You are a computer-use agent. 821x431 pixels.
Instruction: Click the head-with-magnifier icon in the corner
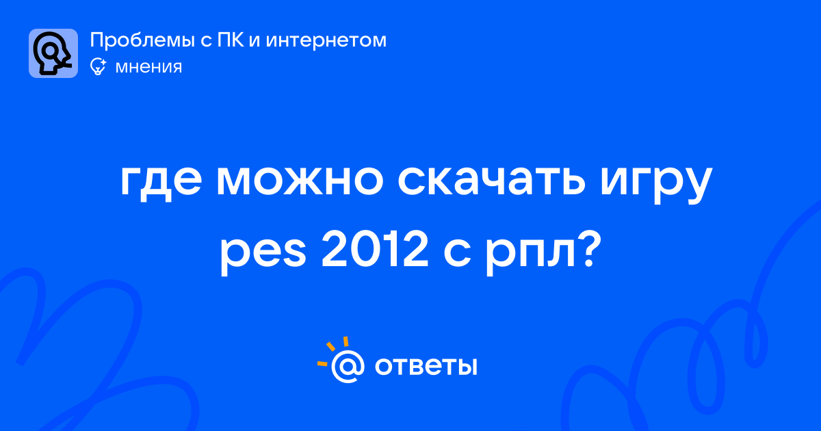(x=53, y=53)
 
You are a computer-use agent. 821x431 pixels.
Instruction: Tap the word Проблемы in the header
(x=142, y=40)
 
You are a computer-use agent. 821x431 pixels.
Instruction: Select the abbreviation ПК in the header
(x=231, y=40)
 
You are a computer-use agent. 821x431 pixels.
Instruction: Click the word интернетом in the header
(x=326, y=40)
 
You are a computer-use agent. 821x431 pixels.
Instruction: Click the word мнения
(x=149, y=67)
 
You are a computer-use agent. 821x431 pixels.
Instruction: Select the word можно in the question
(x=300, y=181)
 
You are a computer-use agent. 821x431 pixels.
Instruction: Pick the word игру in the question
(x=656, y=184)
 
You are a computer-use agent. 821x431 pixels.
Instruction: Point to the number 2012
(x=375, y=250)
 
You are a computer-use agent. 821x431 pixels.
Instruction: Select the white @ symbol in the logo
(x=348, y=367)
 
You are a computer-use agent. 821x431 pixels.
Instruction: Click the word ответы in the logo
(x=426, y=367)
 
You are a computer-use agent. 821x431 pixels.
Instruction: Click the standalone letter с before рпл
(x=457, y=254)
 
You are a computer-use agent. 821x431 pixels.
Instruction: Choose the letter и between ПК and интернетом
(x=255, y=41)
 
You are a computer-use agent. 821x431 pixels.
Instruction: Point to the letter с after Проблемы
(x=206, y=41)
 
